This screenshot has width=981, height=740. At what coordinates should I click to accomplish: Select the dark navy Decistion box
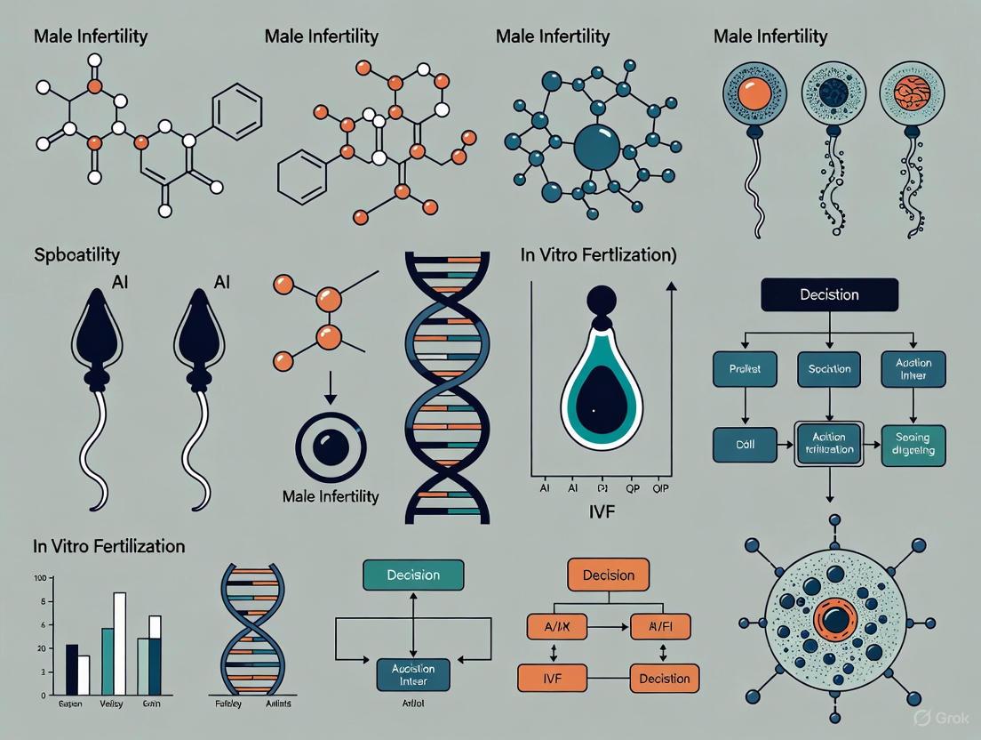pyautogui.click(x=829, y=294)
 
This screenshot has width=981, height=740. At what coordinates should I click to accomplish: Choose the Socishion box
pyautogui.click(x=829, y=368)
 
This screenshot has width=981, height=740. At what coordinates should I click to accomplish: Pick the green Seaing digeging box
pyautogui.click(x=913, y=444)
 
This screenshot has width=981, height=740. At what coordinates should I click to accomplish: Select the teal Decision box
pyautogui.click(x=413, y=575)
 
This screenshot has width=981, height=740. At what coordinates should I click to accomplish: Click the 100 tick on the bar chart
pyautogui.click(x=39, y=579)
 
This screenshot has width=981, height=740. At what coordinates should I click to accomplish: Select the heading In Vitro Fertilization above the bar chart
pyautogui.click(x=108, y=546)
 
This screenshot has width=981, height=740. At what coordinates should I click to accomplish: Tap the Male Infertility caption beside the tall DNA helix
pyautogui.click(x=330, y=495)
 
